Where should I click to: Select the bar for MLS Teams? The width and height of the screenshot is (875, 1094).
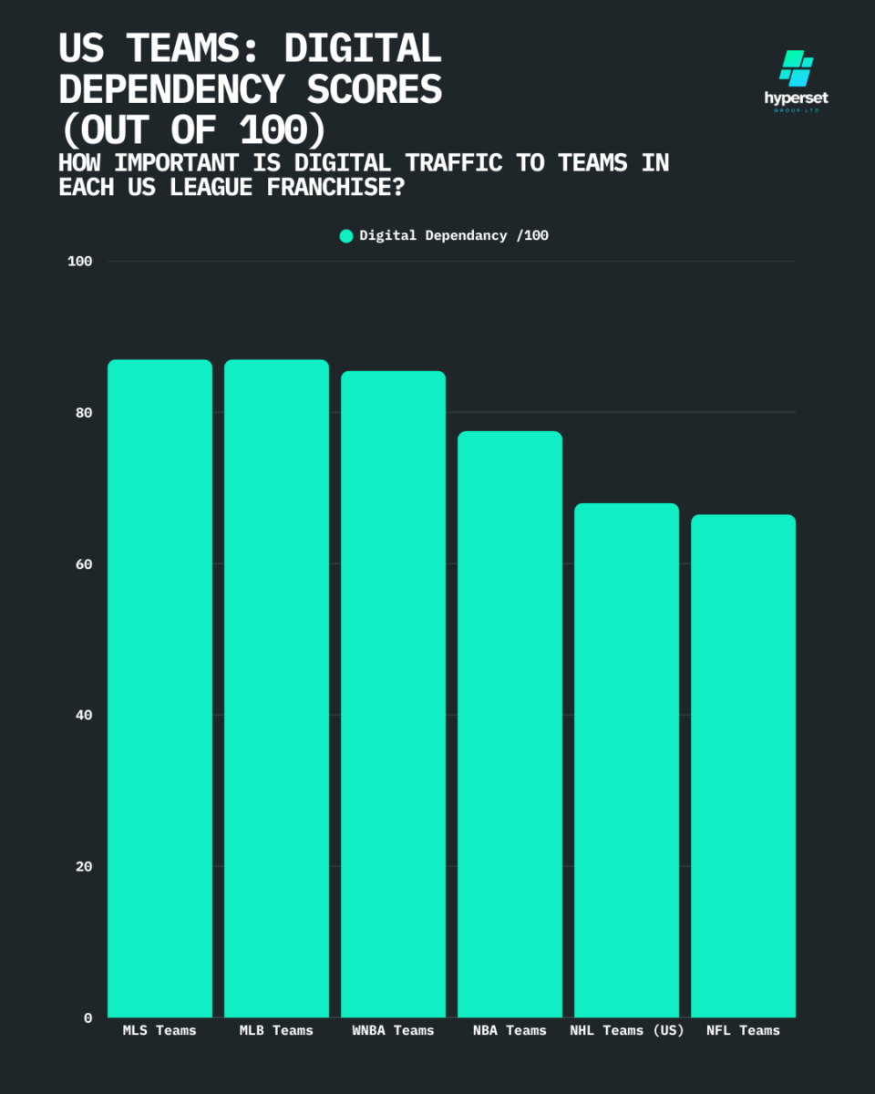tap(160, 688)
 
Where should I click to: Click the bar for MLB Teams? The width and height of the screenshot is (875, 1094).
tap(276, 688)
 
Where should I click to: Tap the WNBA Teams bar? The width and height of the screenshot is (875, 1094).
tap(393, 694)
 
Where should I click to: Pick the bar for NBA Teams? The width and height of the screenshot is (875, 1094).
tap(510, 724)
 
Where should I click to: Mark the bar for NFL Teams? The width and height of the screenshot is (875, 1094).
tap(743, 766)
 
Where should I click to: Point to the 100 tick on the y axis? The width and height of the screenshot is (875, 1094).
tap(80, 262)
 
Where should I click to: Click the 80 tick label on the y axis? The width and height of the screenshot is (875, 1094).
tap(84, 413)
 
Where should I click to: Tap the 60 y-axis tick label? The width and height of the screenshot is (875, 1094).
tap(84, 564)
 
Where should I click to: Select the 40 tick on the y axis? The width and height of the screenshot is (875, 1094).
tap(84, 715)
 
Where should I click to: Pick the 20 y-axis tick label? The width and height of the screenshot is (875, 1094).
tap(84, 866)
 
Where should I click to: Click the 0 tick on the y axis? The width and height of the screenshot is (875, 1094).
tap(88, 1017)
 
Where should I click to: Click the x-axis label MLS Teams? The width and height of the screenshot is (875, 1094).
tap(160, 1030)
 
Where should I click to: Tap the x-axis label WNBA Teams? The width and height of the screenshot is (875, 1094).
tap(393, 1030)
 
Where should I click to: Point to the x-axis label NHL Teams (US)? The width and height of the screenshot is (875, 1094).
tap(625, 1030)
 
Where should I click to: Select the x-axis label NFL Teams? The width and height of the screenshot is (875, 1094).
tap(743, 1030)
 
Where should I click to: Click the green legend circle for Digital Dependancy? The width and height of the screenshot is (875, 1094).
tap(346, 236)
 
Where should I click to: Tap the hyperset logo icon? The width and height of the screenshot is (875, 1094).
tap(796, 69)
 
